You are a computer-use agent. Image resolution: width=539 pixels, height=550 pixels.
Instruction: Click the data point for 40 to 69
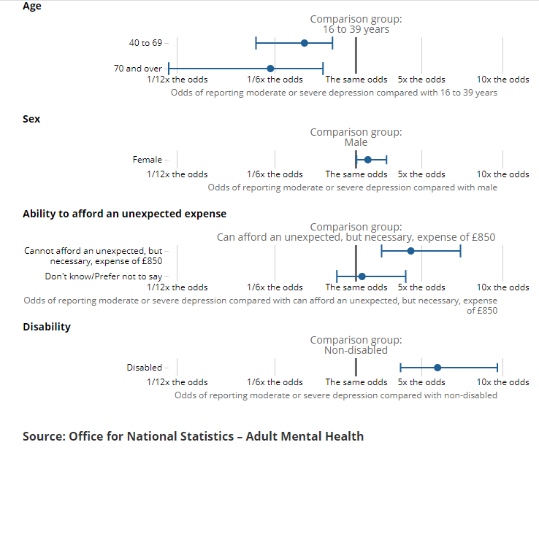[305, 43]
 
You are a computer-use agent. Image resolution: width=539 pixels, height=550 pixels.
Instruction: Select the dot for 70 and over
[270, 69]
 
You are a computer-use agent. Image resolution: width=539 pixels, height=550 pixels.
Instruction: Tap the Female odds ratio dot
[368, 160]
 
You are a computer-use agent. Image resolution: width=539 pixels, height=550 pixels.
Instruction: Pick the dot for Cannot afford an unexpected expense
[410, 251]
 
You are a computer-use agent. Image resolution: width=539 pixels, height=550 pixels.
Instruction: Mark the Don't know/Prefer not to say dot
[362, 276]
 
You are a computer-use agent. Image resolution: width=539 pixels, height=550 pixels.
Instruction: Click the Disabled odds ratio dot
[437, 368]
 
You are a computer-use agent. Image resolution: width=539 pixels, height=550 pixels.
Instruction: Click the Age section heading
[32, 6]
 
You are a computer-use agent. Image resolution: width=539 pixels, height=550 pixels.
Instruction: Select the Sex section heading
[31, 118]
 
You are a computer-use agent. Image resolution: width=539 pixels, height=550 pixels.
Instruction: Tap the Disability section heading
[47, 326]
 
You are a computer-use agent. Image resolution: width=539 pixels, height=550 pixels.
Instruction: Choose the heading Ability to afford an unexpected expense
[124, 214]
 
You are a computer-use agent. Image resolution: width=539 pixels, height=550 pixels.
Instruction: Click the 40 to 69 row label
[145, 43]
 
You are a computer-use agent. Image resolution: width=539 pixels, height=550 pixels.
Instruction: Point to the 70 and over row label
[137, 69]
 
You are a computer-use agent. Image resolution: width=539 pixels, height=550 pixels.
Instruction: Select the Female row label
[147, 160]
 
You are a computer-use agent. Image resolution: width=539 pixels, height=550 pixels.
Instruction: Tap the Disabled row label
[144, 368]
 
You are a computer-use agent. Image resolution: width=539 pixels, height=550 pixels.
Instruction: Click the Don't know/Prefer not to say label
[104, 276]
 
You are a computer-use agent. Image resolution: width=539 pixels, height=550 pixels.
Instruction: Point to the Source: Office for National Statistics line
[193, 436]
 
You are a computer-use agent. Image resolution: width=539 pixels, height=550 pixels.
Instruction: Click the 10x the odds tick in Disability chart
[502, 382]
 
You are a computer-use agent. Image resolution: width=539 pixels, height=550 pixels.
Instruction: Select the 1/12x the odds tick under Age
[177, 80]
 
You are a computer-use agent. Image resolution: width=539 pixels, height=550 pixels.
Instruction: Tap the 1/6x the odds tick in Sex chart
[275, 174]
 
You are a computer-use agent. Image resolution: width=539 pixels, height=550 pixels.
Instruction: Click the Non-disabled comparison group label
[356, 350]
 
